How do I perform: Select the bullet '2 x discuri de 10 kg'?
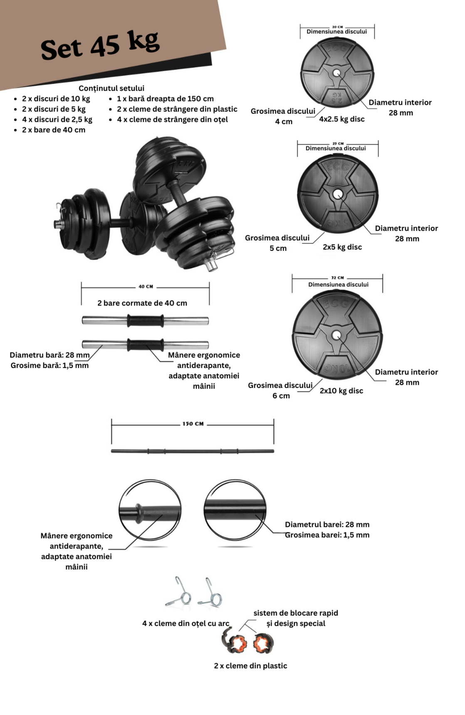point(56,99)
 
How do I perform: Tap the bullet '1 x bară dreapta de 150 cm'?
point(165,99)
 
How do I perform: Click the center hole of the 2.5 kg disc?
point(337,73)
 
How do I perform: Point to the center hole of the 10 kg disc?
point(337,335)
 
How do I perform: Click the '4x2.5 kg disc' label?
point(341,119)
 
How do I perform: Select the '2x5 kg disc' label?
point(342,247)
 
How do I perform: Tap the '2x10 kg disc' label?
point(341,391)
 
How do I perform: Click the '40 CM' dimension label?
point(146,287)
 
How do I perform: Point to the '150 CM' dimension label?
point(193,424)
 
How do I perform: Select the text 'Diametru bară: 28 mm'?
point(49,355)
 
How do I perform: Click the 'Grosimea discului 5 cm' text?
point(277,243)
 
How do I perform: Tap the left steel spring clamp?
point(179,592)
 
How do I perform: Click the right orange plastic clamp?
point(263,643)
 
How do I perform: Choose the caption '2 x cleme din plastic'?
point(250,666)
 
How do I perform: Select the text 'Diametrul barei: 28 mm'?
point(327,525)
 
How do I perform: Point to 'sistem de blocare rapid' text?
point(296,613)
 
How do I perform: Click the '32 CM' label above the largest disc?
point(337,278)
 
